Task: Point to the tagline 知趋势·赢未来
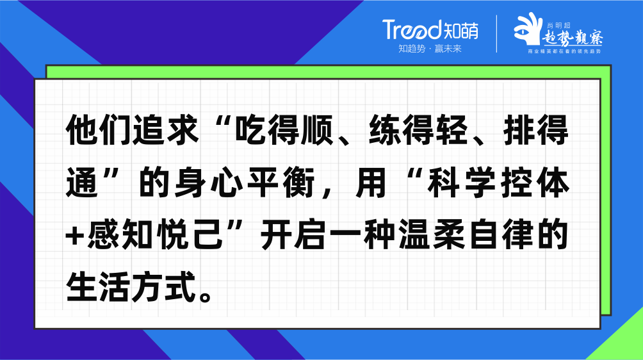[430, 49]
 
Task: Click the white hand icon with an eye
[528, 29]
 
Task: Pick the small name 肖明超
[558, 26]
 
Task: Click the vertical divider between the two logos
[496, 33]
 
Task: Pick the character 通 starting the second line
[82, 182]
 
